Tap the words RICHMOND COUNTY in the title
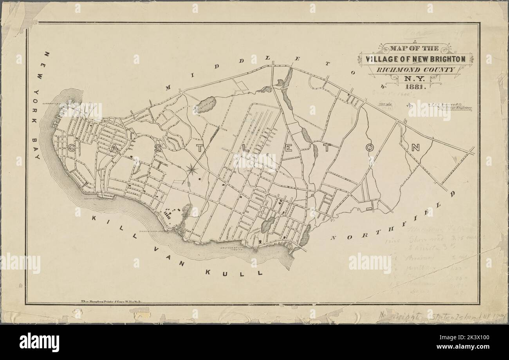click(x=415, y=70)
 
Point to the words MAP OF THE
click(x=415, y=49)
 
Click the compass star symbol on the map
click(x=192, y=169)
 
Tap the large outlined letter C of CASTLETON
click(x=74, y=148)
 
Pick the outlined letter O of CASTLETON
click(x=370, y=148)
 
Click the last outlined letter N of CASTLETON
click(x=415, y=148)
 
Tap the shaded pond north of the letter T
click(x=205, y=105)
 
